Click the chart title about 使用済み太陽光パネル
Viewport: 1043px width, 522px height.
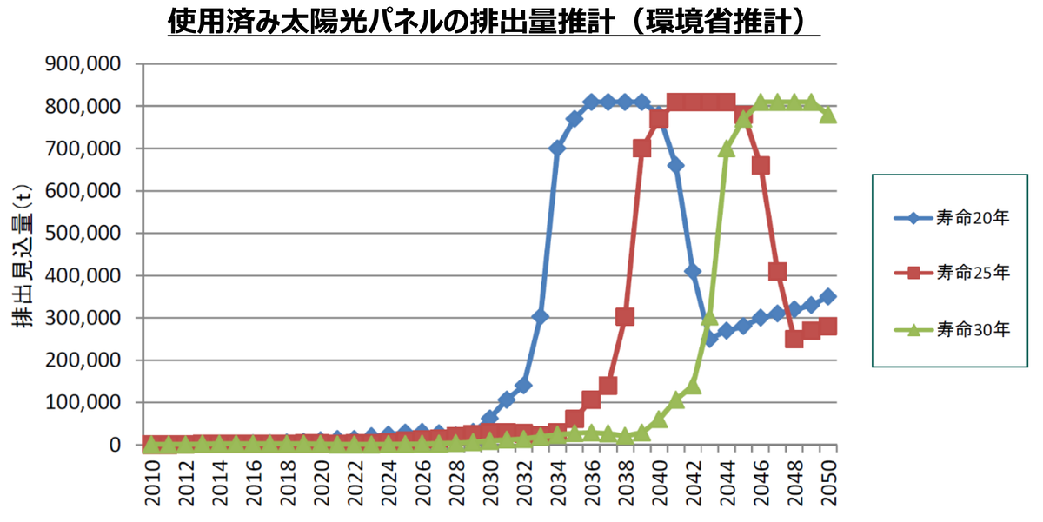click(x=494, y=21)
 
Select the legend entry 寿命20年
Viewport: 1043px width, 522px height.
click(x=953, y=218)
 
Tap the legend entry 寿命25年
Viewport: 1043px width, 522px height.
click(x=953, y=274)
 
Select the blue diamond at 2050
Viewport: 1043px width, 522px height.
click(x=827, y=297)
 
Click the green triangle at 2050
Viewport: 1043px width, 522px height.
click(x=827, y=114)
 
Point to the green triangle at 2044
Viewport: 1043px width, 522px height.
click(x=727, y=149)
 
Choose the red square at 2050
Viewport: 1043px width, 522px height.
click(x=827, y=327)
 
